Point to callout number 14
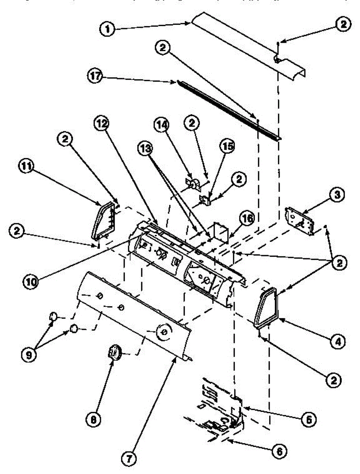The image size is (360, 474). [162, 127]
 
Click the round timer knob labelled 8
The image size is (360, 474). [115, 351]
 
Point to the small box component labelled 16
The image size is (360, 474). [219, 231]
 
